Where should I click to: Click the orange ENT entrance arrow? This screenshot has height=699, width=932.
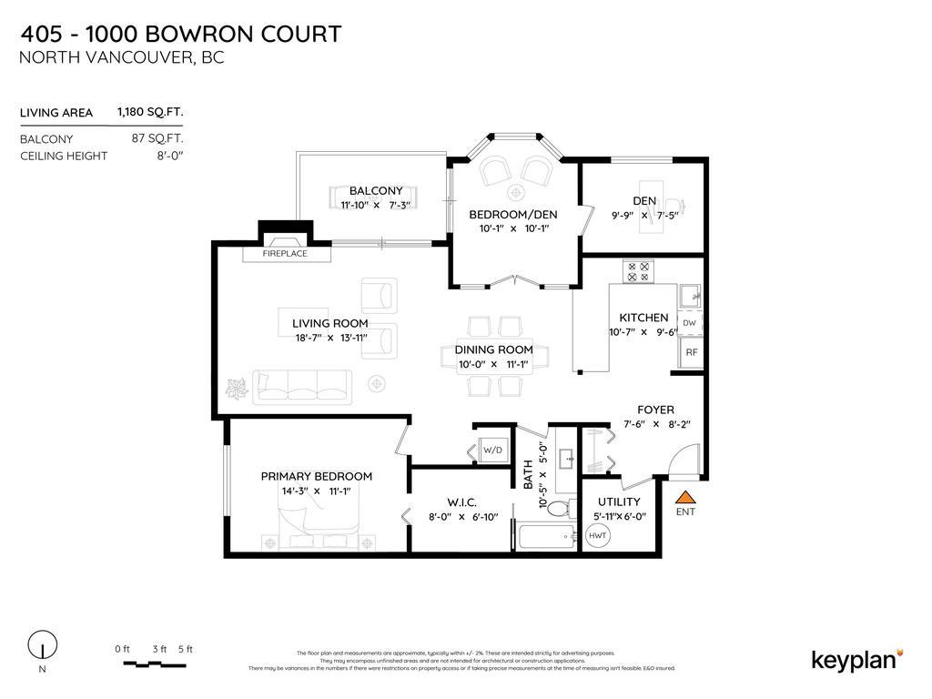[685, 497]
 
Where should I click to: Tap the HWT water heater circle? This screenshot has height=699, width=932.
[598, 536]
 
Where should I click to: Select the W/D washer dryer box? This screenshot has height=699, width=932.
[492, 450]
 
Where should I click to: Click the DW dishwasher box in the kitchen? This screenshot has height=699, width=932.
[689, 323]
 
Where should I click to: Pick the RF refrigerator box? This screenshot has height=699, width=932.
[691, 352]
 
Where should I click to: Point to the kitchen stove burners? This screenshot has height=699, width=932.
[637, 270]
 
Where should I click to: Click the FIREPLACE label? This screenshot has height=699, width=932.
[285, 254]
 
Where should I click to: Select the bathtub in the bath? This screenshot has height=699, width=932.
[546, 536]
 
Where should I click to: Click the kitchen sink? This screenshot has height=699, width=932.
[691, 294]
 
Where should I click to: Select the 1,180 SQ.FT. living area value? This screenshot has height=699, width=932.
[150, 113]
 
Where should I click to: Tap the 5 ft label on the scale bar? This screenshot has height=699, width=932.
[186, 649]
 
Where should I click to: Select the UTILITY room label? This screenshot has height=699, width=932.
[619, 501]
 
